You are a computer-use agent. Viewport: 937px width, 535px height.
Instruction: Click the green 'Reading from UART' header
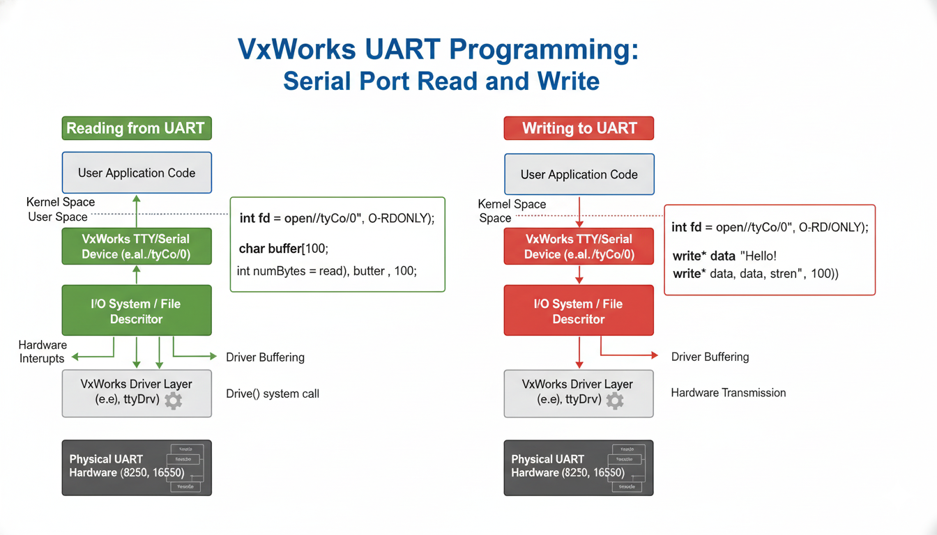136,128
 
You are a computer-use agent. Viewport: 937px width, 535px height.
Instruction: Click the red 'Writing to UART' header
579,128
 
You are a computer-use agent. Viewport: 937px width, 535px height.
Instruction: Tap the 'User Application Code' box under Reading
136,173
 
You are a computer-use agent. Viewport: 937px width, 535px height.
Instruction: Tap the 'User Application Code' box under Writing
579,174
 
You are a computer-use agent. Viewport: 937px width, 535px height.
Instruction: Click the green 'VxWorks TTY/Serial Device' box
136,247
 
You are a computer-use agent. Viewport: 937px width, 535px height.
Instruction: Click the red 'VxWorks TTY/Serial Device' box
579,247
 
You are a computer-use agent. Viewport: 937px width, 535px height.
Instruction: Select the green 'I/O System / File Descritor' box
136,311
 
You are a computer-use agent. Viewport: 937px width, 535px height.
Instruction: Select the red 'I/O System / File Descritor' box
579,311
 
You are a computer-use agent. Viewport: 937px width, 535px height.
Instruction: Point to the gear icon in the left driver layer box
172,400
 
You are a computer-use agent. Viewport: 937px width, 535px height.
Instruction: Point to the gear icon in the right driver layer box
614,400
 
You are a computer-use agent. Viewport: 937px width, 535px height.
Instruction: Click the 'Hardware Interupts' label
43,352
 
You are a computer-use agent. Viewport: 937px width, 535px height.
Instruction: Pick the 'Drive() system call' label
273,394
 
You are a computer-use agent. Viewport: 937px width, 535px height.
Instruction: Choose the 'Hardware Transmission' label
728,393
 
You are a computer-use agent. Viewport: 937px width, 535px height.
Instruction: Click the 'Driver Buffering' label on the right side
710,357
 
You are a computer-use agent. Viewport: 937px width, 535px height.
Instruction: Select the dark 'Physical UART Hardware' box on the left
136,467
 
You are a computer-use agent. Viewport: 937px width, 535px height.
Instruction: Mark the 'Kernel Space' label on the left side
61,202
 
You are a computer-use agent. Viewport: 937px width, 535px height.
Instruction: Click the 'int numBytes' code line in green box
326,270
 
